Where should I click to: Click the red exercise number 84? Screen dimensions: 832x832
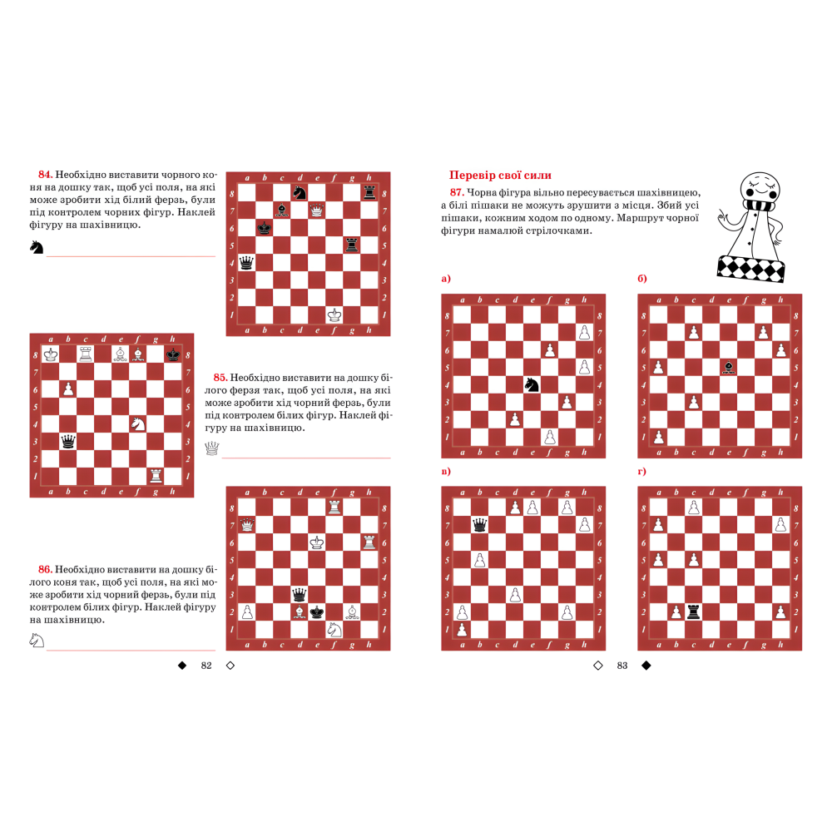(x=46, y=176)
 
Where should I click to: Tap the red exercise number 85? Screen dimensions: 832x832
(x=220, y=377)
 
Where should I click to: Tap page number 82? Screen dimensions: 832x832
(x=207, y=666)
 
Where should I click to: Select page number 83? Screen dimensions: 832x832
(x=622, y=666)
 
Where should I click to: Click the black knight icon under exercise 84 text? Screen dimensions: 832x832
(x=37, y=247)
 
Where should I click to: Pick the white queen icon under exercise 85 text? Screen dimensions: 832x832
(x=212, y=448)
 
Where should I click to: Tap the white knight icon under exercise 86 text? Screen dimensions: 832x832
(x=37, y=640)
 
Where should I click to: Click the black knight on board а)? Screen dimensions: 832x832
(x=532, y=384)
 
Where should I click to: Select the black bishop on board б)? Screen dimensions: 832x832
(x=728, y=366)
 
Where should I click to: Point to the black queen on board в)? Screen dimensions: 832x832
(x=479, y=525)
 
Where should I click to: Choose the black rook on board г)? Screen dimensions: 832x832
(x=693, y=612)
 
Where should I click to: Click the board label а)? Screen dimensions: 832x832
(x=446, y=279)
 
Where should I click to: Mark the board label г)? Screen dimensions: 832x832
(x=642, y=472)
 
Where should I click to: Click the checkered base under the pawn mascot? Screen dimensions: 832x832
(x=750, y=267)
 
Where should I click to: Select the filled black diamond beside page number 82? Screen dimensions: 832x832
(x=181, y=666)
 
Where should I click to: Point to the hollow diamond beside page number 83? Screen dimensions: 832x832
(x=597, y=666)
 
